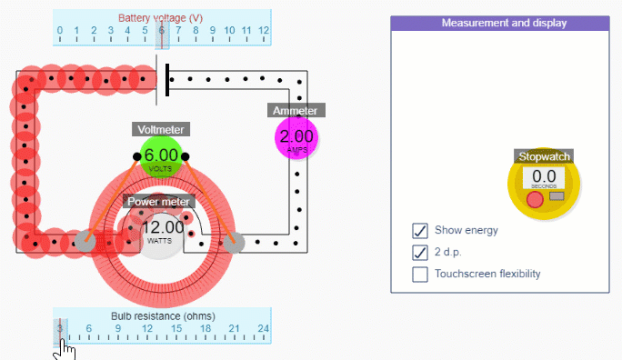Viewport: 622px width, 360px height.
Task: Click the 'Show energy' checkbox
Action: (x=420, y=230)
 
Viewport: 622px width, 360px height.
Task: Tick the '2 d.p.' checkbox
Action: (x=420, y=252)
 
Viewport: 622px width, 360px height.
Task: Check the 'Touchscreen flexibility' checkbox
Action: (x=420, y=274)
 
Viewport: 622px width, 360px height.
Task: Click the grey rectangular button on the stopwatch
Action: (x=557, y=196)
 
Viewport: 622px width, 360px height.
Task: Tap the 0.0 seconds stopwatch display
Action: (x=544, y=178)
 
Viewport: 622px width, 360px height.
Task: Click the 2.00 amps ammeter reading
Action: (x=296, y=137)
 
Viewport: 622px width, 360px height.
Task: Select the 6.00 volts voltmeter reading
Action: (x=161, y=156)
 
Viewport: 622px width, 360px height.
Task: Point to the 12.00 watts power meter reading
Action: (x=163, y=228)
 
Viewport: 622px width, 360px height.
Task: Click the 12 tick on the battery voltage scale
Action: (x=264, y=32)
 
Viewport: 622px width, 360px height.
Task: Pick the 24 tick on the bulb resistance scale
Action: (x=264, y=329)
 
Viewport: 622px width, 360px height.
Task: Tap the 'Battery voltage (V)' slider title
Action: (x=161, y=18)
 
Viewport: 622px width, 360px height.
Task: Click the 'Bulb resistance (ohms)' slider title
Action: (x=162, y=315)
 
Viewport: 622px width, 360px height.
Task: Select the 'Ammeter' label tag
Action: (x=296, y=111)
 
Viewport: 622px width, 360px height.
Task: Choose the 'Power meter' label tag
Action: (x=158, y=202)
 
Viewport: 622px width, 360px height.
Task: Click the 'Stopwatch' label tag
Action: (x=544, y=156)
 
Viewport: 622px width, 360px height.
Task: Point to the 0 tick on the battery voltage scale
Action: (x=60, y=32)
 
